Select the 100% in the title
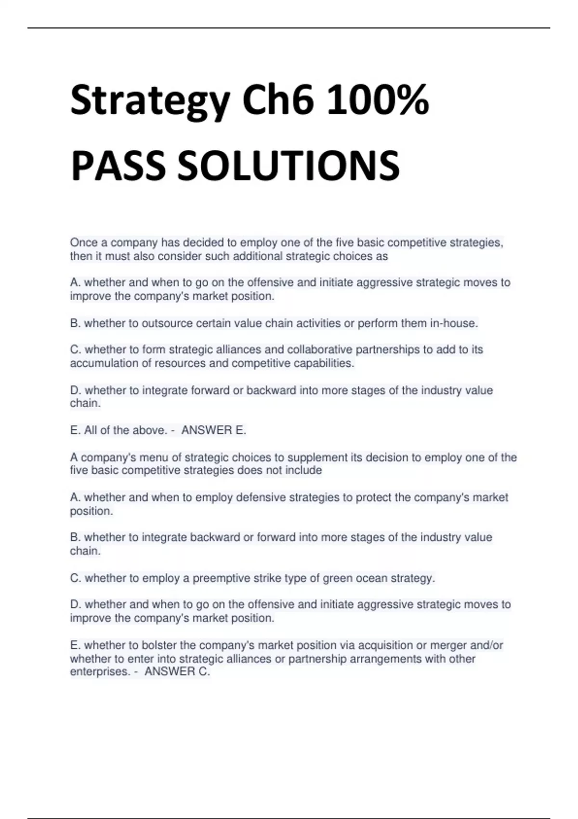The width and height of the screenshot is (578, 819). [x=377, y=101]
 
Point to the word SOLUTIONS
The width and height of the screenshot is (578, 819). [x=289, y=166]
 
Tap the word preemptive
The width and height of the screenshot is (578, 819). [x=219, y=578]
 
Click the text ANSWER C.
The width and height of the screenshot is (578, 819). [x=177, y=672]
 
